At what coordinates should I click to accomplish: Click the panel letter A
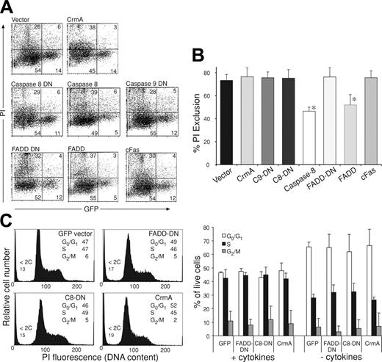(10, 9)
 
